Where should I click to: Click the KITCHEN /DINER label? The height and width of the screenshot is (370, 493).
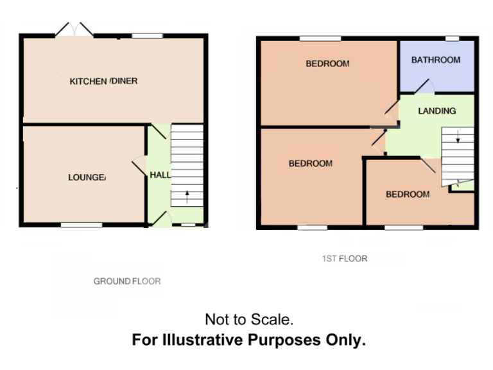click(103, 81)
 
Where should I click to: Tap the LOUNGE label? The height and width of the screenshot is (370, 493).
click(87, 177)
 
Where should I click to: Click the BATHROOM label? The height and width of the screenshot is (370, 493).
click(436, 60)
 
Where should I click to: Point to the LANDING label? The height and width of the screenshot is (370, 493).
click(437, 110)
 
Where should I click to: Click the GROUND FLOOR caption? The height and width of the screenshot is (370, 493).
click(127, 281)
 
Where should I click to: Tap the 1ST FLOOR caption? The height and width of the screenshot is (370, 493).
click(345, 259)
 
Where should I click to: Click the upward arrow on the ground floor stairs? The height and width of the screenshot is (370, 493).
click(187, 196)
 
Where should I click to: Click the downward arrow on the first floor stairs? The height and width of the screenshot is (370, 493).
click(457, 136)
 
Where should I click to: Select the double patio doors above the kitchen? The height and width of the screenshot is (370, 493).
click(74, 30)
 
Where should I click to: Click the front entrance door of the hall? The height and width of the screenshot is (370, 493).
click(160, 219)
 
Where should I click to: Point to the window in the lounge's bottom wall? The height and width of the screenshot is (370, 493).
click(82, 225)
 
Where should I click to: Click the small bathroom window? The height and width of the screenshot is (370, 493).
click(453, 39)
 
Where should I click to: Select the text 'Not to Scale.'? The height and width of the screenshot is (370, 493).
click(249, 319)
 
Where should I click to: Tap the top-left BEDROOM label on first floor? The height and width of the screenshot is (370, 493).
click(327, 64)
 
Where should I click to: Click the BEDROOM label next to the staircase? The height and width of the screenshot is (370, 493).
click(407, 195)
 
